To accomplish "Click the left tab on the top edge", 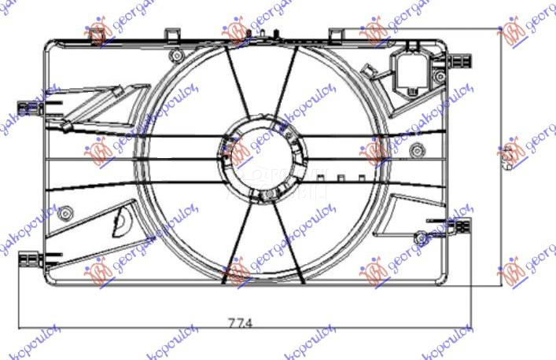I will click(170, 35).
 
